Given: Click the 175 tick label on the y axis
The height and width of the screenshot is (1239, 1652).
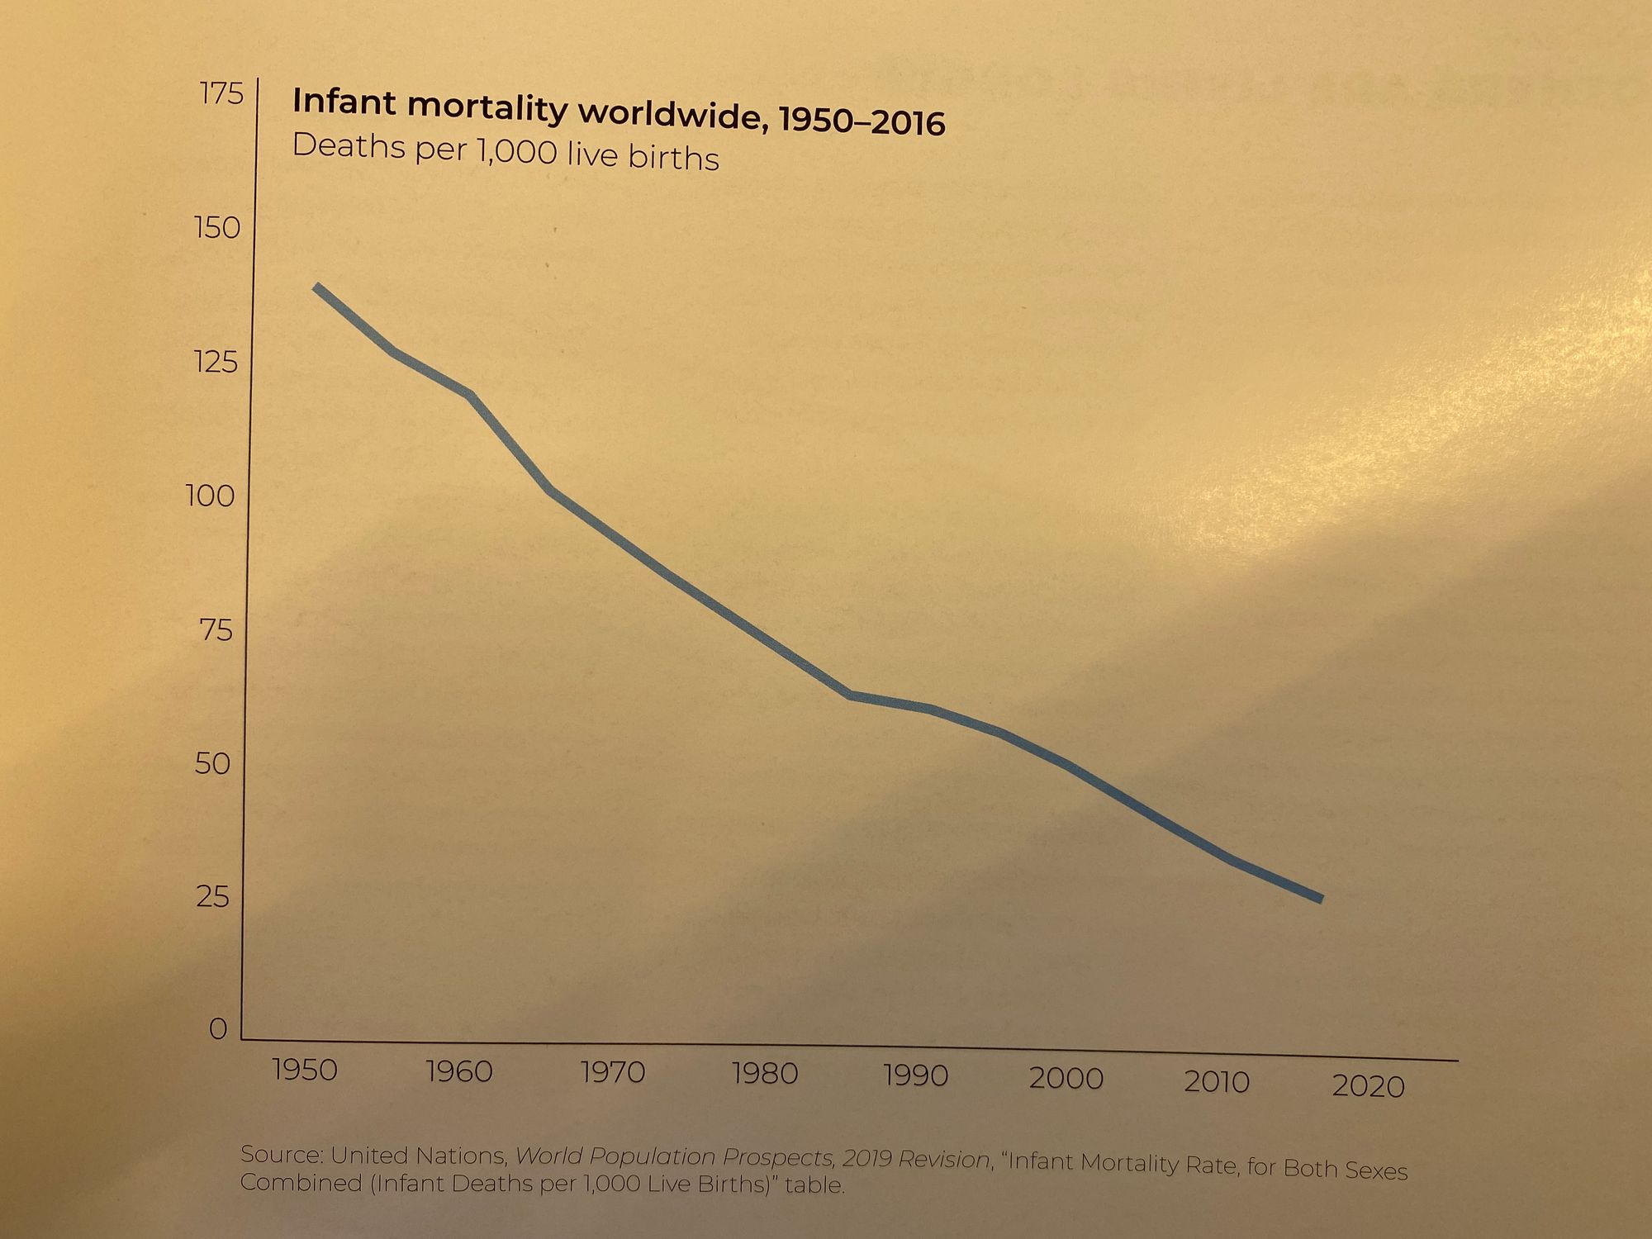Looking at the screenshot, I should (221, 95).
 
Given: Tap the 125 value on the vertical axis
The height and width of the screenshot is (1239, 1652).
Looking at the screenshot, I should (216, 362).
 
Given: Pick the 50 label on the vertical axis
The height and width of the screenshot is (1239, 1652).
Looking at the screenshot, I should (212, 763).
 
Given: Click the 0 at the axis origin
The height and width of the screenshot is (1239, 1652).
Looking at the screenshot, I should (217, 1029).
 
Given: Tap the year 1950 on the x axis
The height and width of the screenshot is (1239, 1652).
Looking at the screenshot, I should (305, 1070).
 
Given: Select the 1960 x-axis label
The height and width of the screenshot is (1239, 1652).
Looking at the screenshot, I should (458, 1072).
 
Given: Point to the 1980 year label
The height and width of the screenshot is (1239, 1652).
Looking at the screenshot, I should (765, 1074).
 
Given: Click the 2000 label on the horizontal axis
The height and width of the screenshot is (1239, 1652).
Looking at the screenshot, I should (1066, 1078).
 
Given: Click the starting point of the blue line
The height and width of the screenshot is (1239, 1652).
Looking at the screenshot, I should (316, 287).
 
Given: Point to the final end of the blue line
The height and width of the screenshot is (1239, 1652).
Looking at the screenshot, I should (1321, 899).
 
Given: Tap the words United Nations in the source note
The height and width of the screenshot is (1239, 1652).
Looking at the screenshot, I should (418, 1156).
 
